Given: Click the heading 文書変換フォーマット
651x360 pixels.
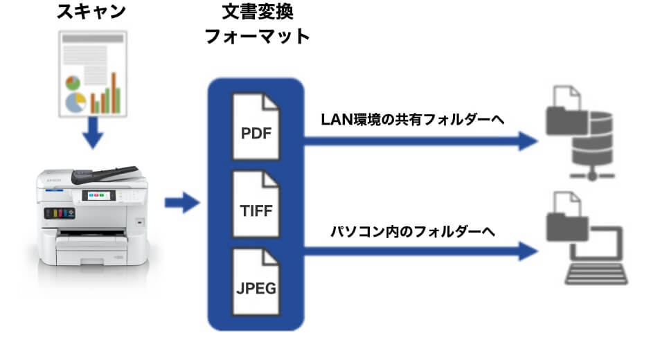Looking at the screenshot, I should tap(256, 25).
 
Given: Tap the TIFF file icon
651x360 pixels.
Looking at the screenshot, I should tap(256, 206).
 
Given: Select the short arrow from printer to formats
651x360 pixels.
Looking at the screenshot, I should tap(181, 204).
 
